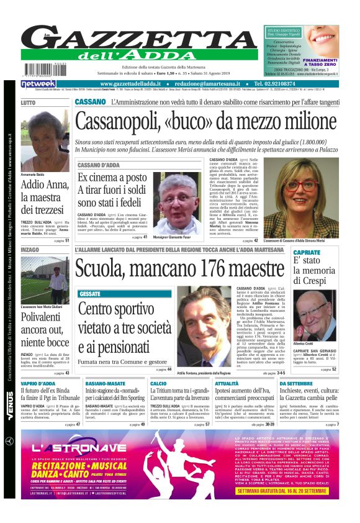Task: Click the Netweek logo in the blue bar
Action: click(38, 83)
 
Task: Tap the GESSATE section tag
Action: click(90, 293)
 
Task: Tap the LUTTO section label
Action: click(29, 102)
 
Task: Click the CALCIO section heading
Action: click(158, 384)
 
